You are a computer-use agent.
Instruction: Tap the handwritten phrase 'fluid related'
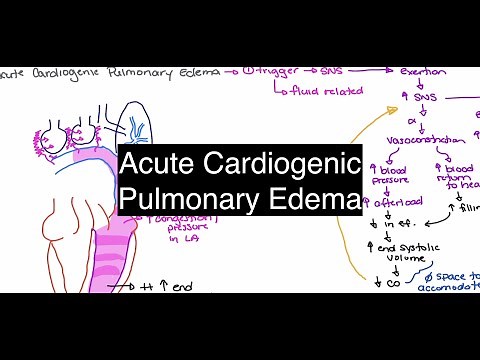(316, 92)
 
